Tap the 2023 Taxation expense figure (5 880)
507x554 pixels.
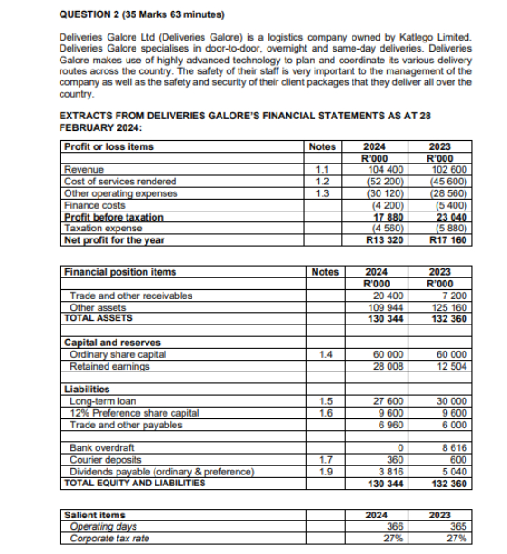tap(450, 228)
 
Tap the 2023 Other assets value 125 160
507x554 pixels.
tap(449, 306)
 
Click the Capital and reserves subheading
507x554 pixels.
tap(112, 343)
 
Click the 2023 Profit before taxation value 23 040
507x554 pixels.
tap(450, 216)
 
